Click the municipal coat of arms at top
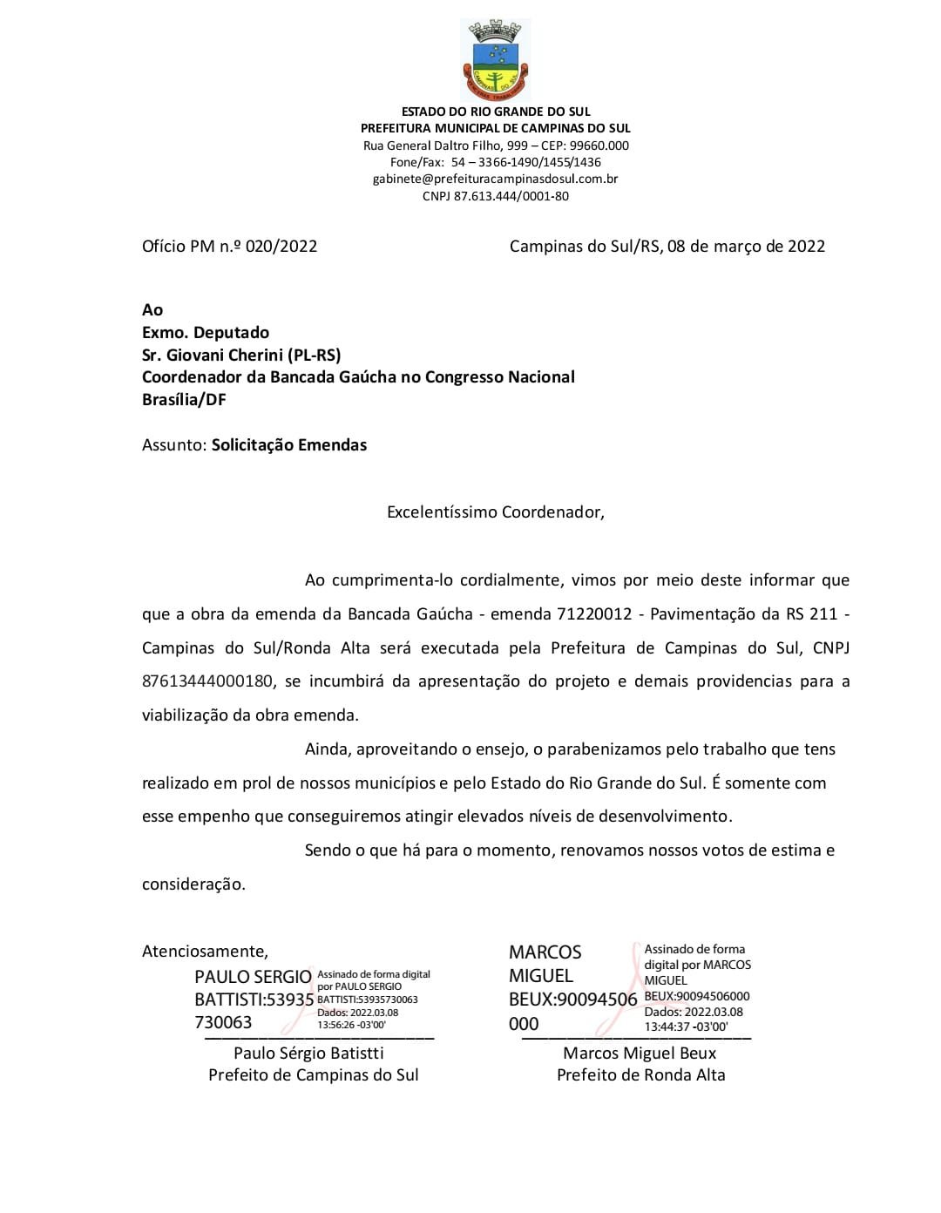click(x=495, y=59)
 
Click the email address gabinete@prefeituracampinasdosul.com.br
click(x=495, y=179)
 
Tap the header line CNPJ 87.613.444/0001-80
click(x=495, y=196)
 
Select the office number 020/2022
click(x=281, y=247)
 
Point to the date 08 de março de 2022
click(x=746, y=247)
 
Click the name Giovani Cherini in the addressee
click(x=227, y=355)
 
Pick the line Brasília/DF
click(x=184, y=400)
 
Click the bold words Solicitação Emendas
click(x=289, y=445)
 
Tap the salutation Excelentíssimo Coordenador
click(x=495, y=512)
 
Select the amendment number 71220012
click(x=593, y=614)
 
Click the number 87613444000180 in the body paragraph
click(x=207, y=681)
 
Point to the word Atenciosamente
click(x=205, y=952)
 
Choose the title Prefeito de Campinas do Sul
click(x=313, y=1075)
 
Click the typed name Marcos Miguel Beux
click(x=640, y=1054)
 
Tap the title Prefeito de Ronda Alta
click(x=640, y=1075)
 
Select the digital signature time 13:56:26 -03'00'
click(x=352, y=1025)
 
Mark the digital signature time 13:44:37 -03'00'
click(x=686, y=1027)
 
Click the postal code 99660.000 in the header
click(x=599, y=146)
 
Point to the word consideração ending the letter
click(x=193, y=884)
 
